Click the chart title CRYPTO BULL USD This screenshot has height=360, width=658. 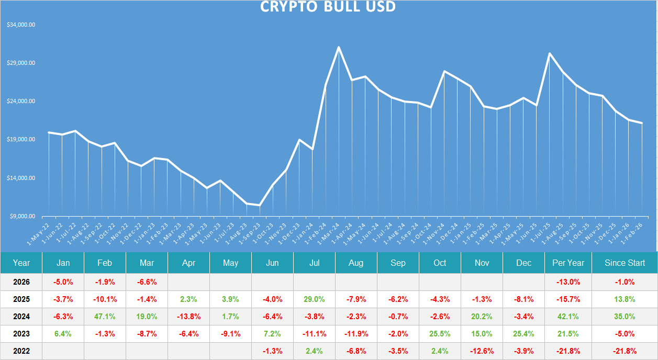(x=328, y=7)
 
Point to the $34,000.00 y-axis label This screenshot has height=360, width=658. (x=21, y=25)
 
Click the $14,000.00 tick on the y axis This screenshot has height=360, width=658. (x=21, y=178)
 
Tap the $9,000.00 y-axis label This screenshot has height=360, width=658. (x=22, y=216)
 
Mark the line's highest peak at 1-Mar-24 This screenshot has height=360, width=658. (x=339, y=47)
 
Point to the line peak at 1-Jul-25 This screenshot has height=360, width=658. (x=549, y=53)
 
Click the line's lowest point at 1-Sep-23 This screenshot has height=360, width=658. (x=260, y=205)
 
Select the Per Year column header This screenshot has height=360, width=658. (x=568, y=263)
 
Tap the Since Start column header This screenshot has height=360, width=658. (x=624, y=263)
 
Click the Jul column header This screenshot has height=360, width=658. (x=314, y=263)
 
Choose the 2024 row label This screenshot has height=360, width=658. (x=21, y=316)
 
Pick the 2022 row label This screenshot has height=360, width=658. (x=21, y=351)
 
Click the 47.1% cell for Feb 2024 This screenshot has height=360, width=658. (x=105, y=316)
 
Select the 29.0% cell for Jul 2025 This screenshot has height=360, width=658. (x=314, y=299)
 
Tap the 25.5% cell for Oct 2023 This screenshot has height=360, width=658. (x=440, y=333)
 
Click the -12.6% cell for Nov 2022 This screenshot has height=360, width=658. (x=482, y=351)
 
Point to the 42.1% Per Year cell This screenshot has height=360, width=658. (x=568, y=316)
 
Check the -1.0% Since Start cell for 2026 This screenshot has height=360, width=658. (x=624, y=282)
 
